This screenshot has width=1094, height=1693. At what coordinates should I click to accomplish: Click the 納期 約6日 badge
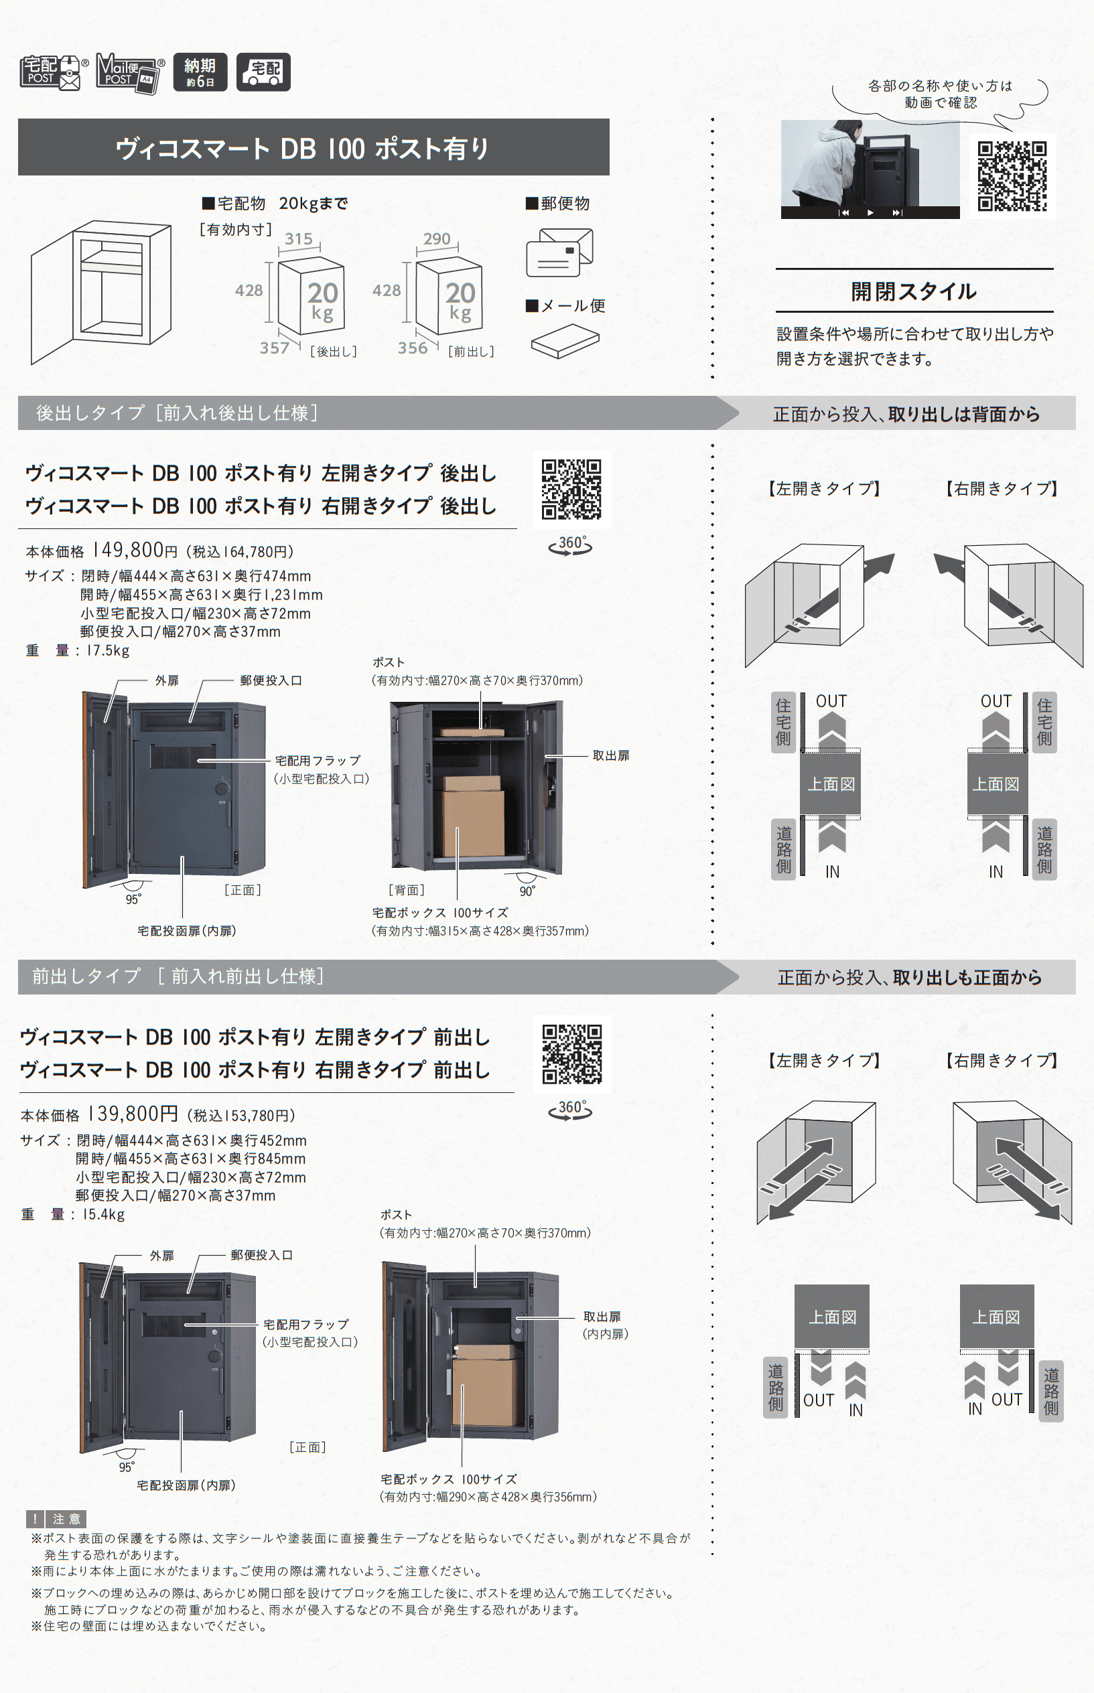point(200,72)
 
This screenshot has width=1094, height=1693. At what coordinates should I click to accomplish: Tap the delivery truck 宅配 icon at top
point(263,72)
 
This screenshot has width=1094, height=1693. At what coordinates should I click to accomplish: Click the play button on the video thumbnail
point(870,212)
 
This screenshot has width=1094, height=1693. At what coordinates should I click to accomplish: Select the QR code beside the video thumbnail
point(1012,176)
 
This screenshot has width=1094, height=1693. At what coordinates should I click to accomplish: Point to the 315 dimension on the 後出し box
point(298,239)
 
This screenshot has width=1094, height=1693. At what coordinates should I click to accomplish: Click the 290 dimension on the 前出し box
point(436,239)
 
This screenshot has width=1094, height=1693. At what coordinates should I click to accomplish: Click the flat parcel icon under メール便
point(565,341)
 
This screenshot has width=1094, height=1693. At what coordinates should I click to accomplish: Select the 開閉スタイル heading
point(914,291)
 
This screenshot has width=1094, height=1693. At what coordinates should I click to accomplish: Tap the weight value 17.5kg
point(108,650)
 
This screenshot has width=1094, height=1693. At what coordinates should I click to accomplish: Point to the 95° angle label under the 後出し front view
point(133,899)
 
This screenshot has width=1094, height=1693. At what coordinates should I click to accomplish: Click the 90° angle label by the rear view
point(527,891)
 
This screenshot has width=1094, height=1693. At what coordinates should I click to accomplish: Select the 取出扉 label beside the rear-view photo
point(611,755)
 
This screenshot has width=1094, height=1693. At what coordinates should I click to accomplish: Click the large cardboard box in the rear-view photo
point(472,816)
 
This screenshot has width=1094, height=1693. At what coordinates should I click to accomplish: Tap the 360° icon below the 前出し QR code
point(570,1108)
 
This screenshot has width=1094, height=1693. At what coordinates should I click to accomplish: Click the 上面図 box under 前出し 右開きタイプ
point(996,1317)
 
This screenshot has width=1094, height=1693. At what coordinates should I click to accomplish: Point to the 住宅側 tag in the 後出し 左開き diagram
point(783,721)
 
